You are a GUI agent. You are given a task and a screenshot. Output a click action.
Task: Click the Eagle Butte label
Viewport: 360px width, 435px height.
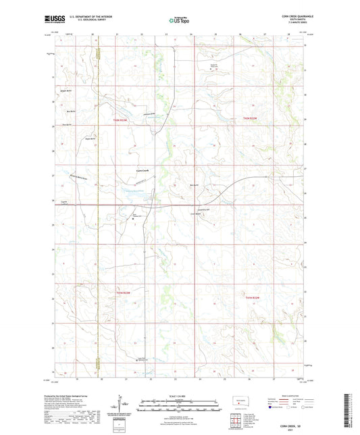[x=88, y=139]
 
